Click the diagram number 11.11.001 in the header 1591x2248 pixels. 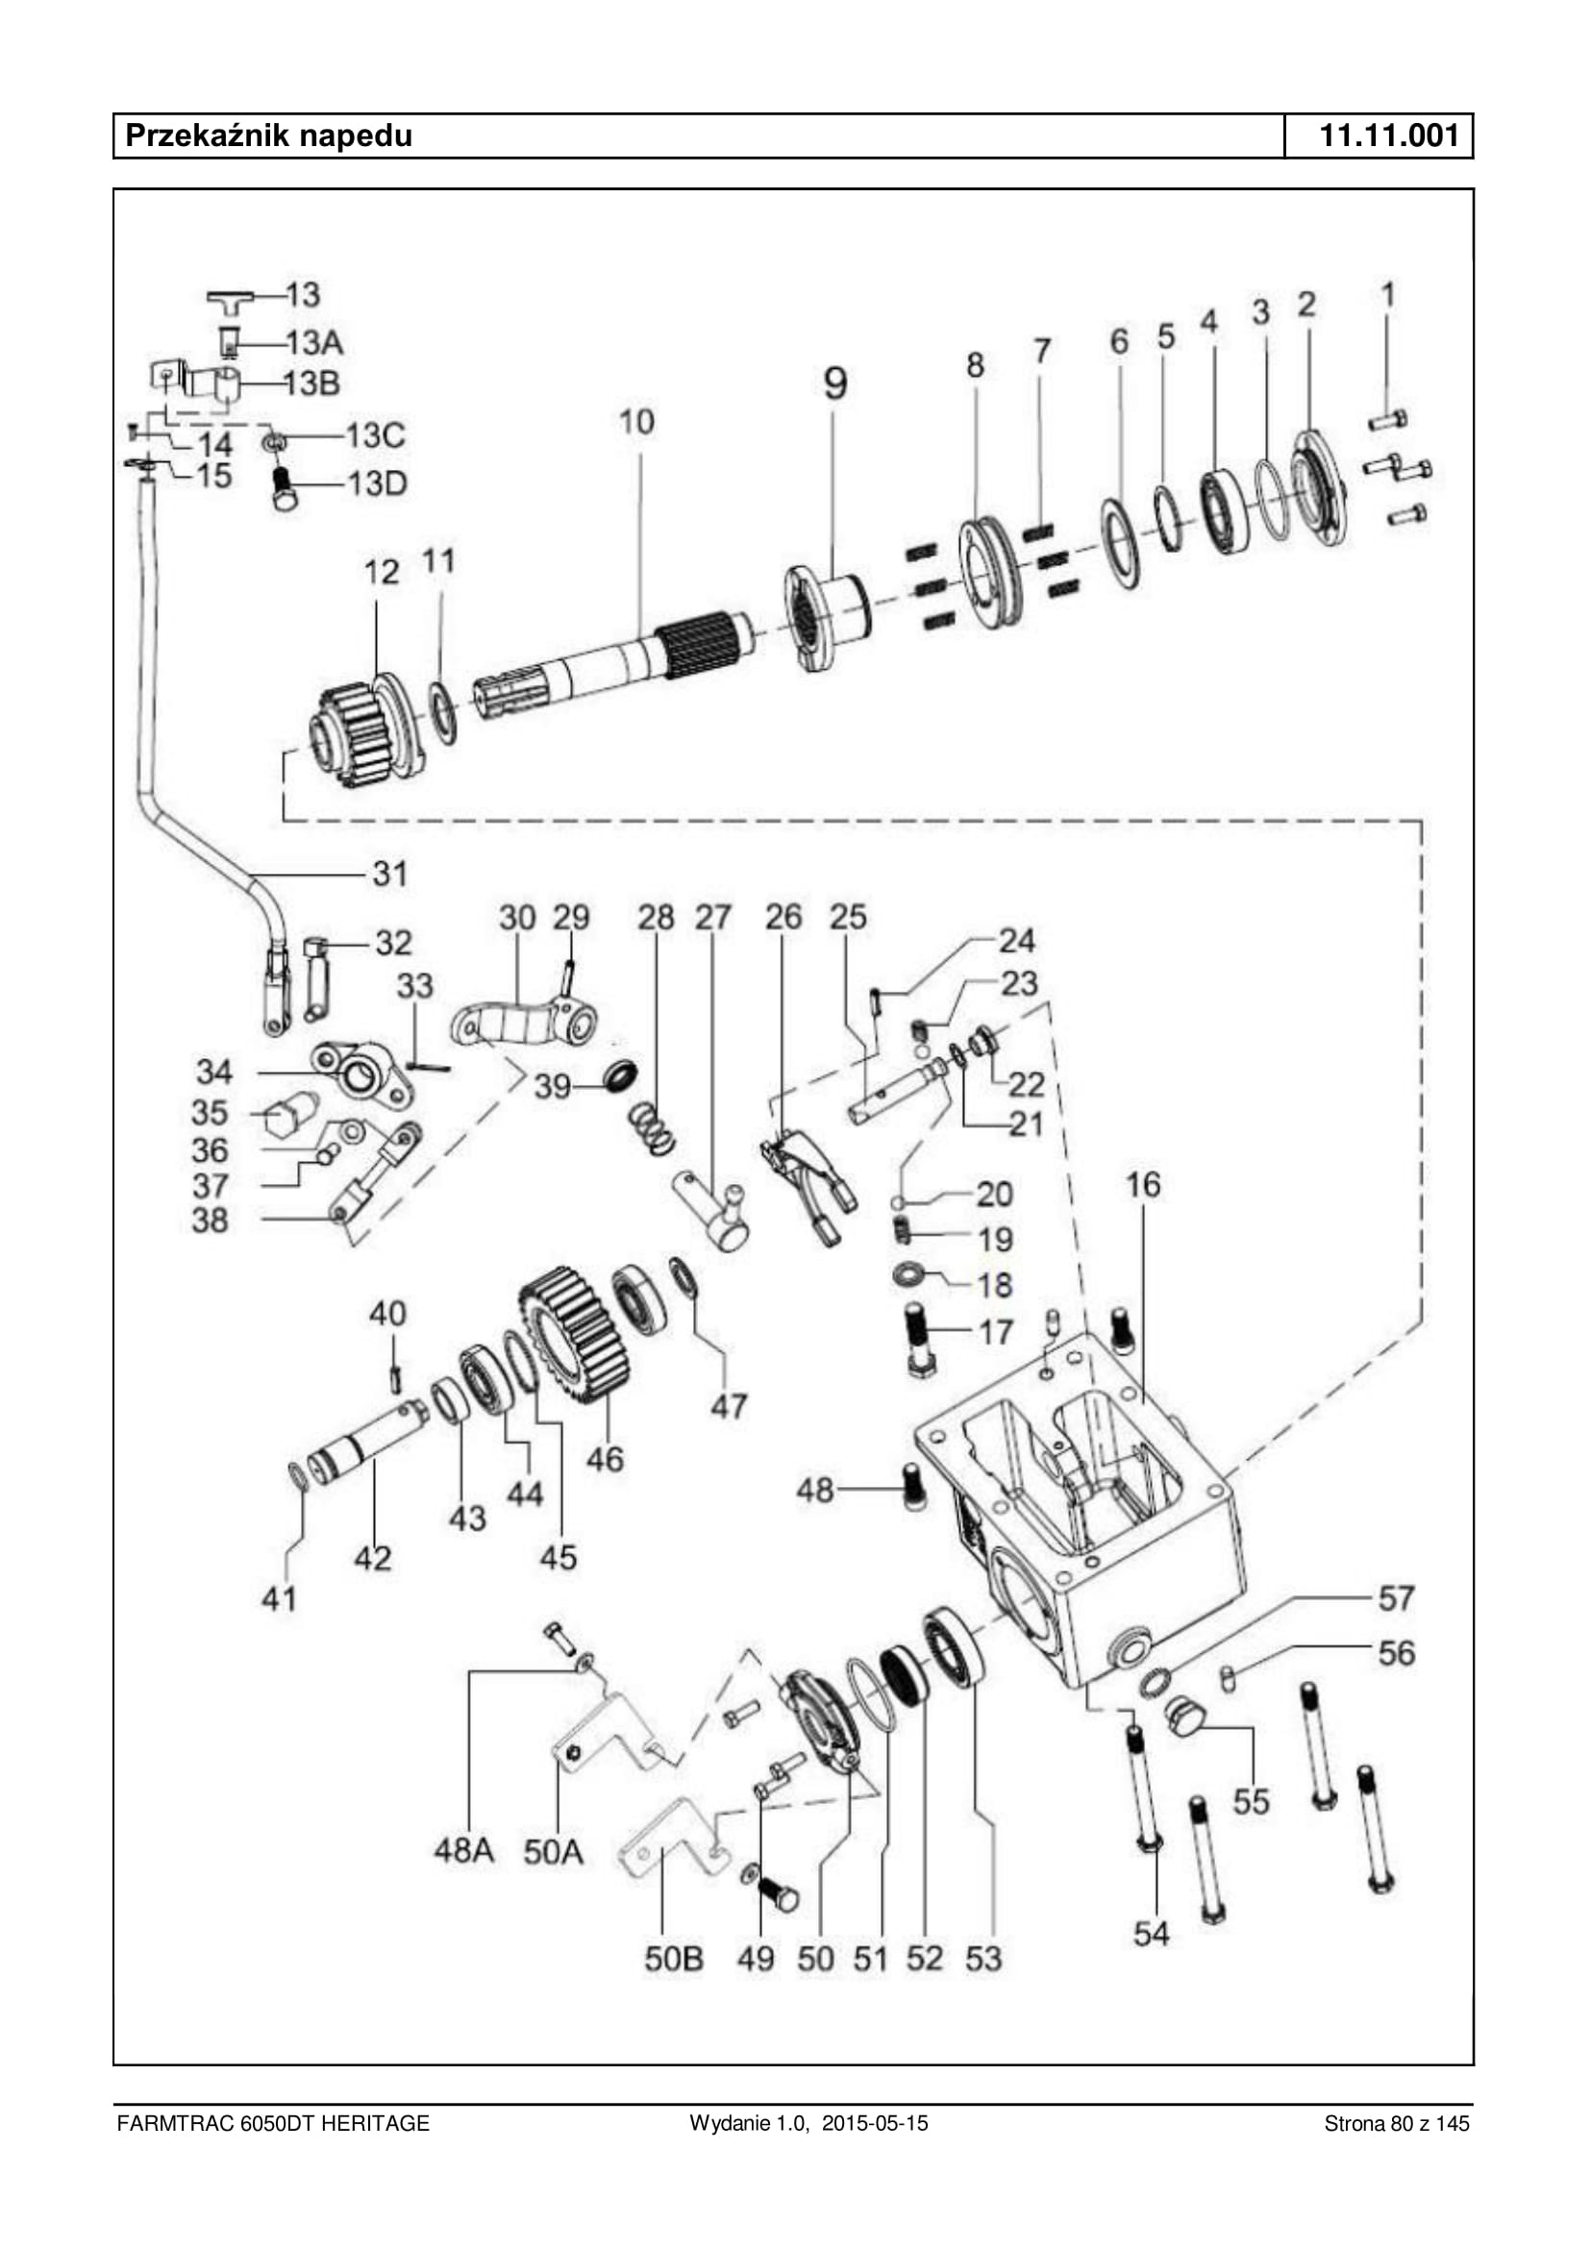tap(1389, 136)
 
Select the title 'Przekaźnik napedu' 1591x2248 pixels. tap(269, 136)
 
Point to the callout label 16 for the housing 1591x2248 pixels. tap(1142, 1184)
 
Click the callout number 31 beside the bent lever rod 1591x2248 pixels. tap(390, 874)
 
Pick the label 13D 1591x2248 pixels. tap(377, 482)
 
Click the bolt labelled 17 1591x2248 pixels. tap(919, 1339)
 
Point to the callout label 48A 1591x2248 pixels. tap(464, 1850)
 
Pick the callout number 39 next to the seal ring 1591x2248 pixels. tap(553, 1085)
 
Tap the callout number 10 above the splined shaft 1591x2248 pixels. tap(636, 422)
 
